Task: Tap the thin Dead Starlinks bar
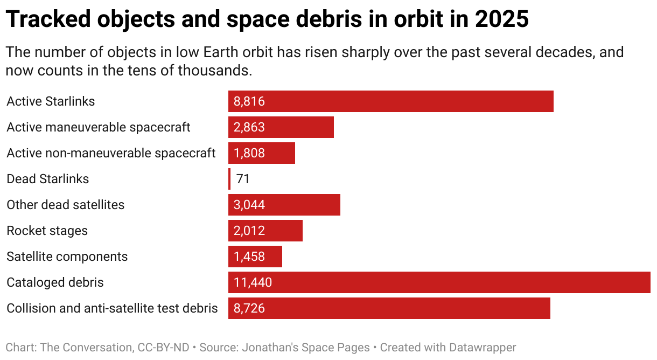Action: click(x=229, y=179)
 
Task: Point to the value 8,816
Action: click(x=249, y=101)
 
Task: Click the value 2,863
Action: click(x=249, y=127)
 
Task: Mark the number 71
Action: click(x=243, y=179)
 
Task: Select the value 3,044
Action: click(x=249, y=205)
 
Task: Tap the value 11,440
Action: click(x=253, y=282)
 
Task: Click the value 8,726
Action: click(x=249, y=308)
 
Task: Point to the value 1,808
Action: click(x=249, y=153)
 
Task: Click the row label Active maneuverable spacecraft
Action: click(x=99, y=127)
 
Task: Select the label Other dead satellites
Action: click(x=65, y=205)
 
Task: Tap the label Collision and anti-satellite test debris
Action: click(x=112, y=308)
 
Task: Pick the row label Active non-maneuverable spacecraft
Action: click(x=111, y=153)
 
